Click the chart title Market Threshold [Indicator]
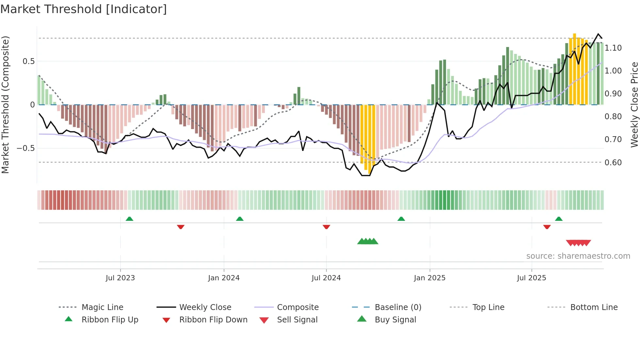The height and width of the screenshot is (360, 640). [x=84, y=9]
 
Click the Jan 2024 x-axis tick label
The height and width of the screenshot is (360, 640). [x=224, y=278]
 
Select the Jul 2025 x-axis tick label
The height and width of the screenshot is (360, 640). [x=531, y=278]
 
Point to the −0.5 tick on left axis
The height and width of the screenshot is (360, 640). [x=26, y=148]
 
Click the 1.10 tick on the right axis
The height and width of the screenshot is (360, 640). [x=613, y=48]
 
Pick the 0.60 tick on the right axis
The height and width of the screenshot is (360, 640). [x=613, y=163]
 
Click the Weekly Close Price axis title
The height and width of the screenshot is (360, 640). [x=634, y=105]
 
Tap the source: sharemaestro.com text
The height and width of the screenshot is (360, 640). [x=578, y=256]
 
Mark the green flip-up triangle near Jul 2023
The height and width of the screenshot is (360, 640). [x=129, y=219]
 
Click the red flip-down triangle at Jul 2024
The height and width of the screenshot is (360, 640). [x=326, y=227]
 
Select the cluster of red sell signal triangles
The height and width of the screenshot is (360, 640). [x=578, y=243]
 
